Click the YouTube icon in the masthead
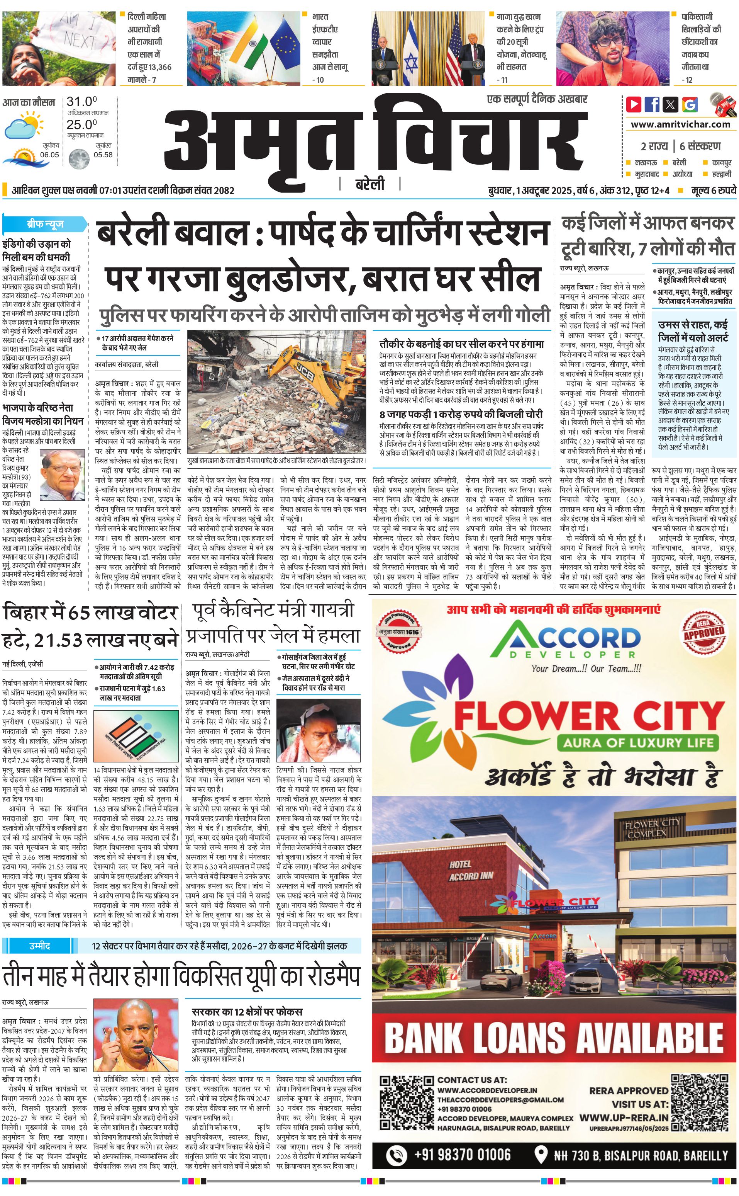634,104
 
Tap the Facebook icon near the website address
652,104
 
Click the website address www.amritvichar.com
680,124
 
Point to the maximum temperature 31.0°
81,102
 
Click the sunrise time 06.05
49,155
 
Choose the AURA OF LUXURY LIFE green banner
638,743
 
